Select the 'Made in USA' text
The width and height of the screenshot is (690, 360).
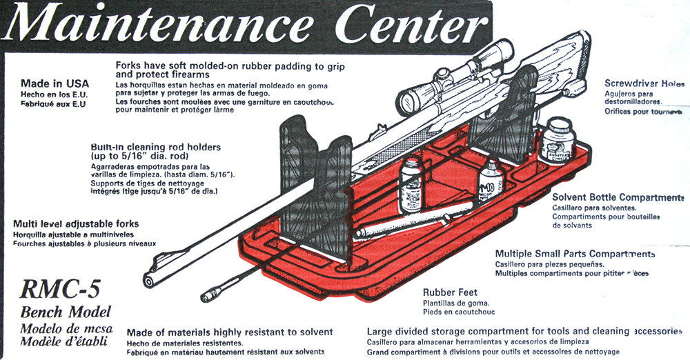[55, 84]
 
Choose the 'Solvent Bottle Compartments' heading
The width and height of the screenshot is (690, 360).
[618, 197]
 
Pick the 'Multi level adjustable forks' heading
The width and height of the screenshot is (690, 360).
[76, 223]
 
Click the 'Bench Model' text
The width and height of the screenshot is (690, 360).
[66, 312]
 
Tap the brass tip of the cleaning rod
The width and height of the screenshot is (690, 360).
[208, 297]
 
